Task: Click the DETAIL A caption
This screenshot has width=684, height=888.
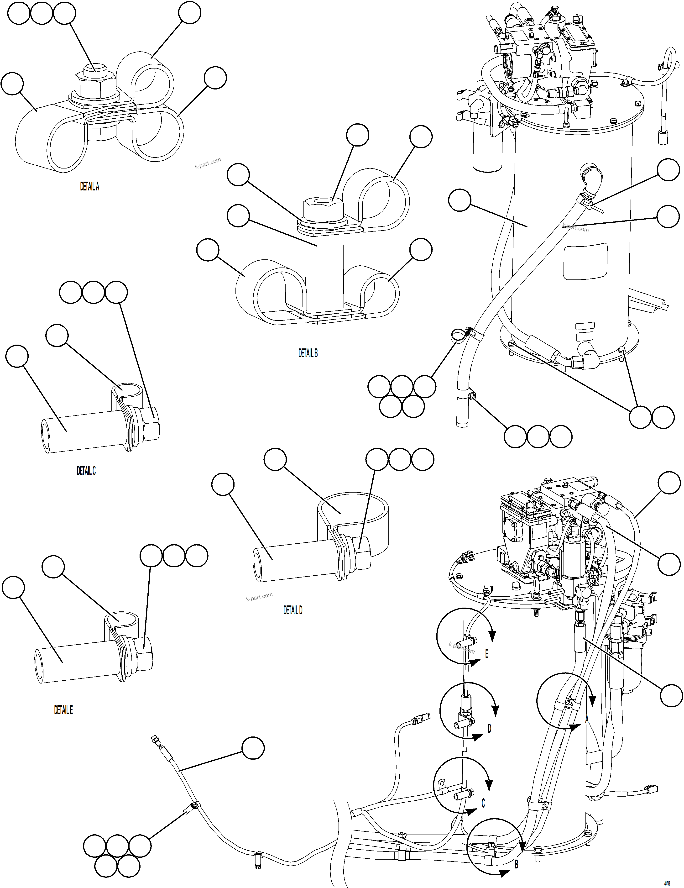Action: (x=89, y=187)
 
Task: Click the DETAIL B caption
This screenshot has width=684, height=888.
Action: (x=308, y=353)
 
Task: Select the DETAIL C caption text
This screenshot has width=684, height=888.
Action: (x=86, y=471)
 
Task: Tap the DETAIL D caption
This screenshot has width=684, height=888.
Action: (x=293, y=610)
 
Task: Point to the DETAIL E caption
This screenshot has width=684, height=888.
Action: (x=63, y=710)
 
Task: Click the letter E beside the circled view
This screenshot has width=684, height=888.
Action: (x=486, y=654)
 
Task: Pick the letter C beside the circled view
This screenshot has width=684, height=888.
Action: (x=483, y=804)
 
